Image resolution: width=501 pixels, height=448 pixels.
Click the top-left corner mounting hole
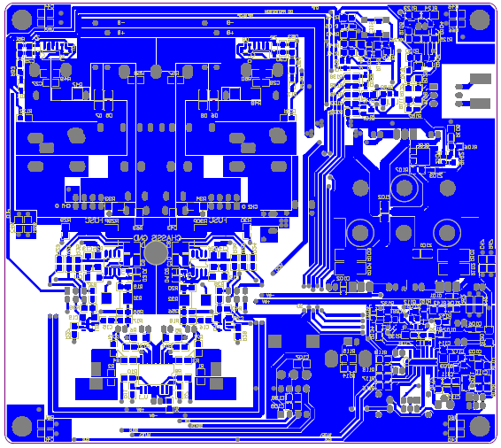coord(20,19)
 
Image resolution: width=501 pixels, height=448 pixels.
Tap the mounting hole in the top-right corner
coord(480,19)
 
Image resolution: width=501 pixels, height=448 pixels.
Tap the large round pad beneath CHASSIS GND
coord(156,253)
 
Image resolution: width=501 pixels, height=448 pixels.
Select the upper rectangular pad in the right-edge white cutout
coord(481,79)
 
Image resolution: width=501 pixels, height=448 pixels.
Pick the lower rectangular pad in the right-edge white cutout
coord(481,103)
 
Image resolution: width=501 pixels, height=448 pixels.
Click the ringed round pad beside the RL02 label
coord(405,188)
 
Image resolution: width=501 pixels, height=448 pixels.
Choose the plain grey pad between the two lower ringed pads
coord(403,233)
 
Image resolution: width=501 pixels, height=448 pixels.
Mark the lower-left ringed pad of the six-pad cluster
coord(359,233)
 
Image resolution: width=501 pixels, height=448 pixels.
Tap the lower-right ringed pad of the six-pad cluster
coord(446,233)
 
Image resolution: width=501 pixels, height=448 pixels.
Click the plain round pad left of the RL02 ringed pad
coord(360,188)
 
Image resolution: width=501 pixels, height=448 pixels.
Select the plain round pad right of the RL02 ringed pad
coord(446,188)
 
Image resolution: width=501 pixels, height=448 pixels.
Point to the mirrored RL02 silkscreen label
coord(383,197)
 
